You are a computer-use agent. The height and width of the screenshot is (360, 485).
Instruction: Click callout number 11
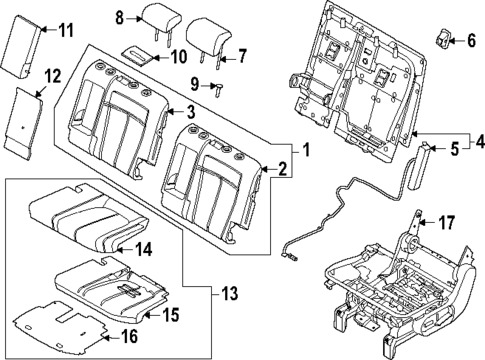65,31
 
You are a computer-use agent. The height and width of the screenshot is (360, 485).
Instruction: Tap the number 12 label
53,75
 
